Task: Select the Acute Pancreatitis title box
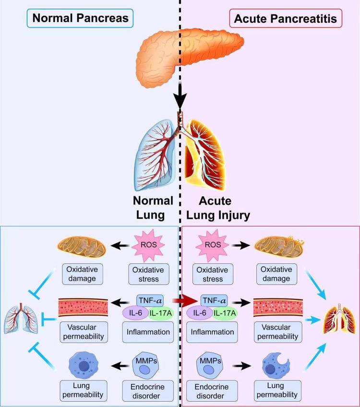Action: [283, 20]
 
